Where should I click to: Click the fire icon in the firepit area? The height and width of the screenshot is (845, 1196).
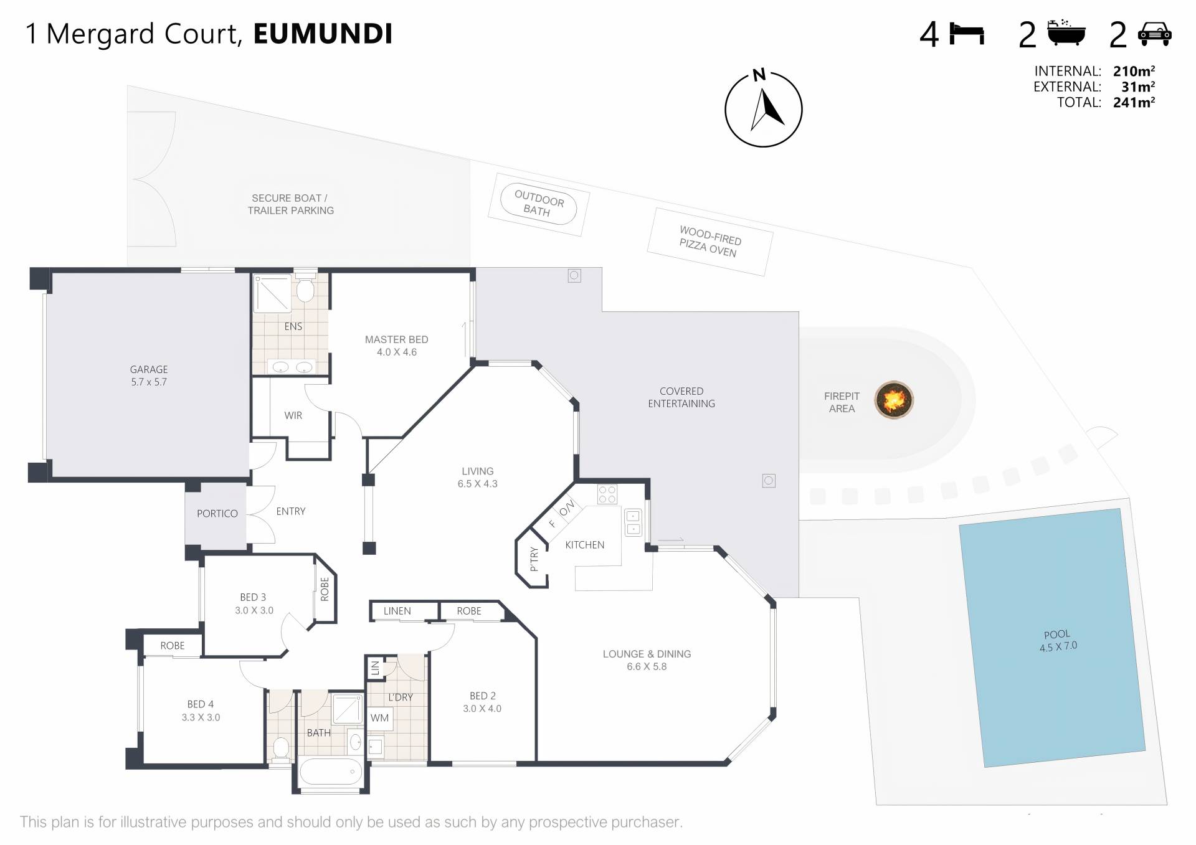(x=894, y=400)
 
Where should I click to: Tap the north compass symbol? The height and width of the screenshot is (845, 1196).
(x=763, y=110)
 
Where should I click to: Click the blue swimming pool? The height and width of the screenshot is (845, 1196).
(x=1052, y=638)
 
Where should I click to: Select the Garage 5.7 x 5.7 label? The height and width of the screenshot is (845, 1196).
(x=149, y=375)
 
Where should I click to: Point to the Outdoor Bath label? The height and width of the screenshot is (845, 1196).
(x=538, y=204)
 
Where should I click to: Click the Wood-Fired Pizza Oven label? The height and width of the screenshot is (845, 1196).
(x=710, y=242)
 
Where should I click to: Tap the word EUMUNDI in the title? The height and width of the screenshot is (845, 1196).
(x=323, y=34)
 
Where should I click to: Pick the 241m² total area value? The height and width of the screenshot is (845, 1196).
(x=1134, y=103)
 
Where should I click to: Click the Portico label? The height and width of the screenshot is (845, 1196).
(x=217, y=514)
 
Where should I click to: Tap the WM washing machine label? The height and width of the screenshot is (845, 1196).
(x=379, y=718)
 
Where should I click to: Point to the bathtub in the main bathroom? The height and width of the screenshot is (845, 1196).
(x=330, y=773)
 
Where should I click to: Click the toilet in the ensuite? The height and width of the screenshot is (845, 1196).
(x=305, y=290)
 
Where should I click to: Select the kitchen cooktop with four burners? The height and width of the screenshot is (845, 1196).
(x=607, y=494)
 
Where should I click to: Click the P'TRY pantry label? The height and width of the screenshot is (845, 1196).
(x=534, y=559)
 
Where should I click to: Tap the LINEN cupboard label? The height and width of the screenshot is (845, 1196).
(x=397, y=611)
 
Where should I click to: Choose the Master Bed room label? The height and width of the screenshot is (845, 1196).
(x=396, y=346)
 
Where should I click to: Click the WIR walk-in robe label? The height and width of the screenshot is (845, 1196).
(x=293, y=415)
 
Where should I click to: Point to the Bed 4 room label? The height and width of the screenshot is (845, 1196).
(x=201, y=710)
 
